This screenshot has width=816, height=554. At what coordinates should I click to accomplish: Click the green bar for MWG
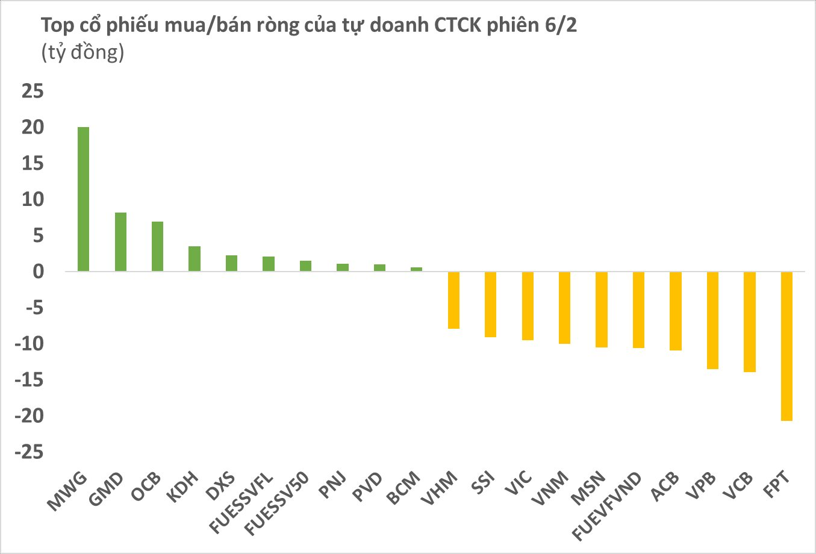[x=83, y=199]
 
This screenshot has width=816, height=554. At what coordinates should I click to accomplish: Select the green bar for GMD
[x=120, y=242]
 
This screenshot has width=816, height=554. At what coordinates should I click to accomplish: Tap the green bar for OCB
[x=157, y=246]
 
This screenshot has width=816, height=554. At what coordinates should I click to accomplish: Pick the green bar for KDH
[x=195, y=259]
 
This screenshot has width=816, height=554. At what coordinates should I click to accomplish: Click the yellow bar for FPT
[x=786, y=346]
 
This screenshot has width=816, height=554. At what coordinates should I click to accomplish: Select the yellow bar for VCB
[x=750, y=322]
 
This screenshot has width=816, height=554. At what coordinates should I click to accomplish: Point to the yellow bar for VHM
[x=453, y=300]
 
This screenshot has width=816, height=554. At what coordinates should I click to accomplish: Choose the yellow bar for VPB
[x=712, y=320]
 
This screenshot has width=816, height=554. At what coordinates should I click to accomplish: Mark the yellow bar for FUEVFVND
[x=638, y=310]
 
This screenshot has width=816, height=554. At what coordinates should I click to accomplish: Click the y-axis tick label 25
[x=33, y=92]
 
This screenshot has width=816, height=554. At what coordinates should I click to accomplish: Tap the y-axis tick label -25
[x=30, y=452]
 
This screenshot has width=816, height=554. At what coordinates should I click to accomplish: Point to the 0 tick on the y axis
[x=39, y=272]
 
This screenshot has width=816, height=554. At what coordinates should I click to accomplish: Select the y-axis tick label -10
[x=30, y=344]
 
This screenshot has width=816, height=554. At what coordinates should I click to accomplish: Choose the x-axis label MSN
[x=588, y=488]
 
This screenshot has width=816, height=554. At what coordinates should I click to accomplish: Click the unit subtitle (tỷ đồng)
[x=83, y=53]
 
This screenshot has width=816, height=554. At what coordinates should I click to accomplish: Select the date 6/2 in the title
[x=558, y=25]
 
